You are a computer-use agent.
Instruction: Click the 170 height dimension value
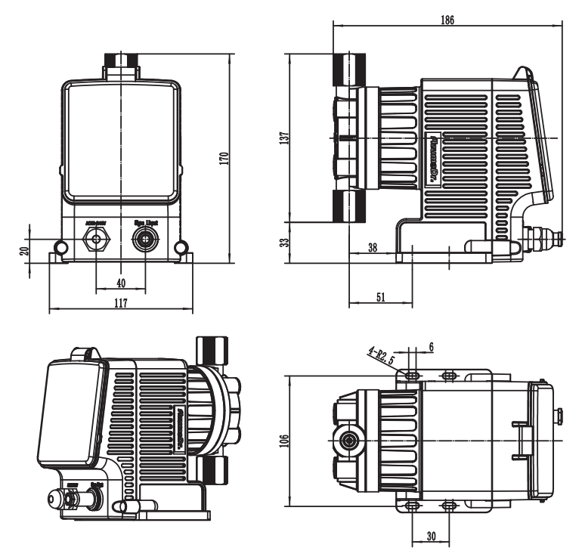point(224,159)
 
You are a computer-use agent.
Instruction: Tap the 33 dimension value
point(284,243)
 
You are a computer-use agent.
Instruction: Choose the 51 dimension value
point(380,298)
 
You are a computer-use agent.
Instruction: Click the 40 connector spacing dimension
point(120,283)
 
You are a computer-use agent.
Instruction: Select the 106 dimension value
point(284,440)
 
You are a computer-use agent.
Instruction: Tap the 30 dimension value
point(430,536)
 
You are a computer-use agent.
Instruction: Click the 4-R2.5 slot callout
point(381,353)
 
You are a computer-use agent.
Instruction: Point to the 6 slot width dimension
point(431,346)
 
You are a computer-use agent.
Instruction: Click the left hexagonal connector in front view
point(97,240)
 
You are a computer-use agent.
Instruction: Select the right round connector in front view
point(144,240)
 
